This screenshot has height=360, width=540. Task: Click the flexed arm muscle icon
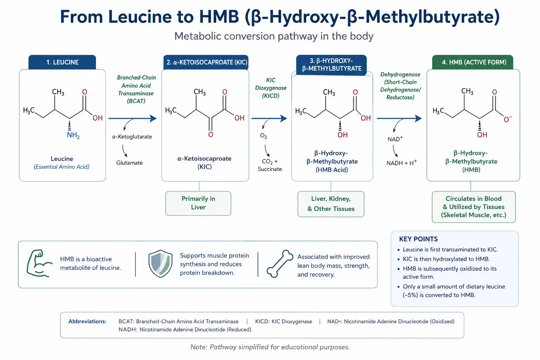[39, 263]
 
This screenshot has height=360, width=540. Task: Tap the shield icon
[160, 264]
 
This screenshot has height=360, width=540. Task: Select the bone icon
[279, 264]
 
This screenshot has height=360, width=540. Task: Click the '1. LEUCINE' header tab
[62, 62]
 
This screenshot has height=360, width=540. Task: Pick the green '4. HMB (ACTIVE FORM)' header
[472, 62]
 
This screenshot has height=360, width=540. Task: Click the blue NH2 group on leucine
[73, 135]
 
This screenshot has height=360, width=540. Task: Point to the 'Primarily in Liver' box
[198, 203]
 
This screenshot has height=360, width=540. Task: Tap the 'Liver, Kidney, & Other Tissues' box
[331, 204]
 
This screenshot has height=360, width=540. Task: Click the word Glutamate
[129, 163]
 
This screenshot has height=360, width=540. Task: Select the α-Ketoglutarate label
[132, 137]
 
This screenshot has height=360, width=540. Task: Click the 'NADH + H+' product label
[401, 163]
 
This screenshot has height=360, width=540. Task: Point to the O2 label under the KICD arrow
[263, 136]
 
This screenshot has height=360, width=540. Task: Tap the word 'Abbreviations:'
[88, 321]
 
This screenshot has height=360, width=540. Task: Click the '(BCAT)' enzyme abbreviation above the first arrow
[136, 101]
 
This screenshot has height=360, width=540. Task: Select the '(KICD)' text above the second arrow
[270, 96]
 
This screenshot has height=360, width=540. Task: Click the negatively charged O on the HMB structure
[507, 119]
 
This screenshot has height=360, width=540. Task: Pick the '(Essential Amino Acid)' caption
[62, 167]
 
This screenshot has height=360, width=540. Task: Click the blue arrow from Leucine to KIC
[133, 118]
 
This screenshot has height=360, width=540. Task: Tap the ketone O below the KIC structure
[211, 135]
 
